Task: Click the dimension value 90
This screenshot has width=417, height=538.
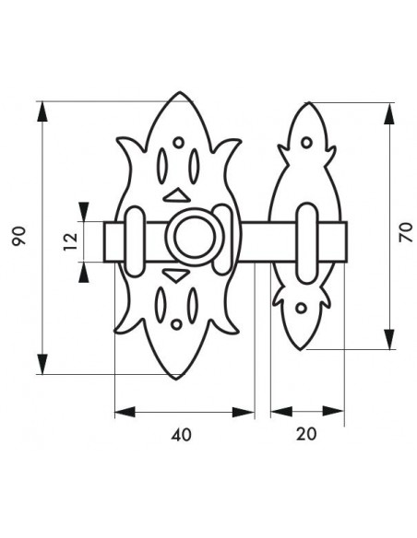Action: [x=19, y=236]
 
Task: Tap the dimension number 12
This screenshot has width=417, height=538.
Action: [x=71, y=241]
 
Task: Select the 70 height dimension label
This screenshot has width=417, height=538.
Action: [x=406, y=232]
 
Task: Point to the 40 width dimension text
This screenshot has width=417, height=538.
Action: [x=181, y=435]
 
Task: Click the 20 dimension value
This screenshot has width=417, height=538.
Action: [x=306, y=435]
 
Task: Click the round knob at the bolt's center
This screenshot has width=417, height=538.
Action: [x=195, y=237]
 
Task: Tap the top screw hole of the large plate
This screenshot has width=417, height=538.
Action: [x=178, y=143]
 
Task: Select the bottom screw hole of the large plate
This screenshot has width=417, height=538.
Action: [x=176, y=324]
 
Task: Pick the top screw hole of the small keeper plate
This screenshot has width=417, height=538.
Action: [x=306, y=143]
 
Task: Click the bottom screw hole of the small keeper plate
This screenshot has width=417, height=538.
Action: [x=302, y=308]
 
